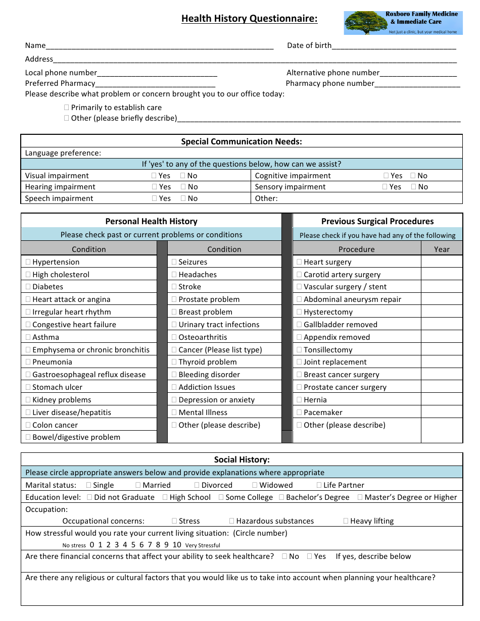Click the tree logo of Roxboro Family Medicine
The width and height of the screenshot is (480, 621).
pos(366,23)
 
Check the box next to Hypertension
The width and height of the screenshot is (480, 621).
pos(28,262)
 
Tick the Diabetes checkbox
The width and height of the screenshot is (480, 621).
pos(28,287)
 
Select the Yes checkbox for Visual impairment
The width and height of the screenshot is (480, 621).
pos(154,176)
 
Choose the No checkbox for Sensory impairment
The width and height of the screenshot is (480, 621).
pos(414,187)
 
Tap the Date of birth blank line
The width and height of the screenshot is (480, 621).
pos(394,46)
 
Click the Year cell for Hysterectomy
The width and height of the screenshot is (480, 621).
pos(442,312)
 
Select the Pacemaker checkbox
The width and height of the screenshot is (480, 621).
pos(299,412)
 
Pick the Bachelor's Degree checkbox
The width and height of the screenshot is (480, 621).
pos(282,497)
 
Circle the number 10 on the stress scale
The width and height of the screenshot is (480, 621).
pos(177,545)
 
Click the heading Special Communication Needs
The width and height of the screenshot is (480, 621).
pos(242,142)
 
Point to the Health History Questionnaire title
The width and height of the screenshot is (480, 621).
pos(250,19)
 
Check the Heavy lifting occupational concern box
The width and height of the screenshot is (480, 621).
pos(346,521)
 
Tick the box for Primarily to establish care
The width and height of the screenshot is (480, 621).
pos(67,108)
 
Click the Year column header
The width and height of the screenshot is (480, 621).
pos(442,249)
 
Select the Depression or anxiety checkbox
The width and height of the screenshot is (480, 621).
pos(174,400)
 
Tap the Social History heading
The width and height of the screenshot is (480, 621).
pos(242,459)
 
